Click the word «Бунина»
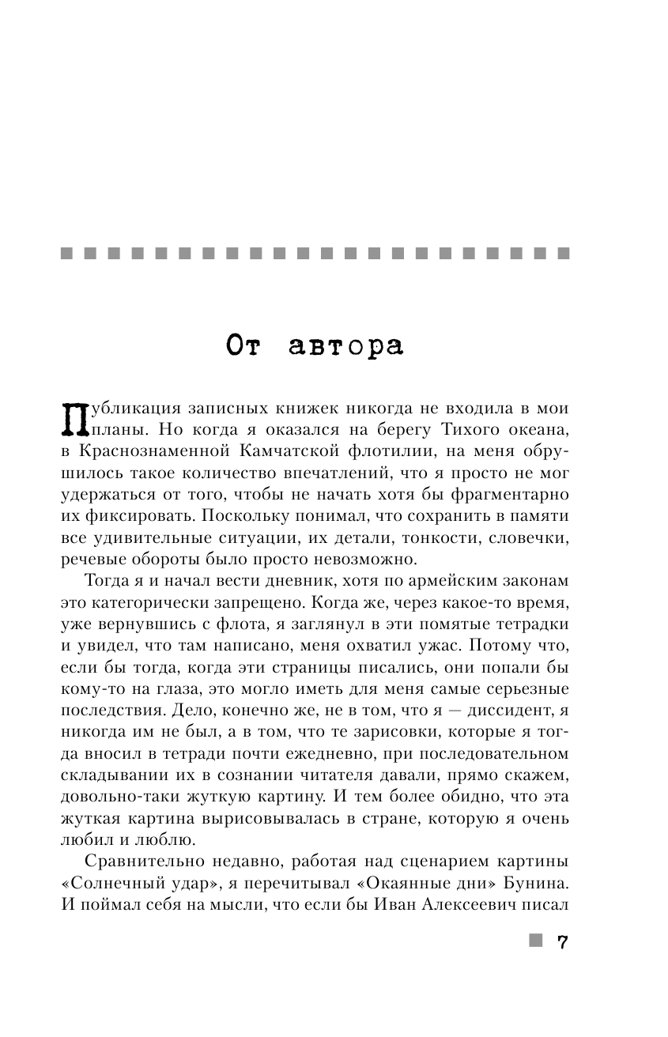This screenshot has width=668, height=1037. (x=535, y=877)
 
